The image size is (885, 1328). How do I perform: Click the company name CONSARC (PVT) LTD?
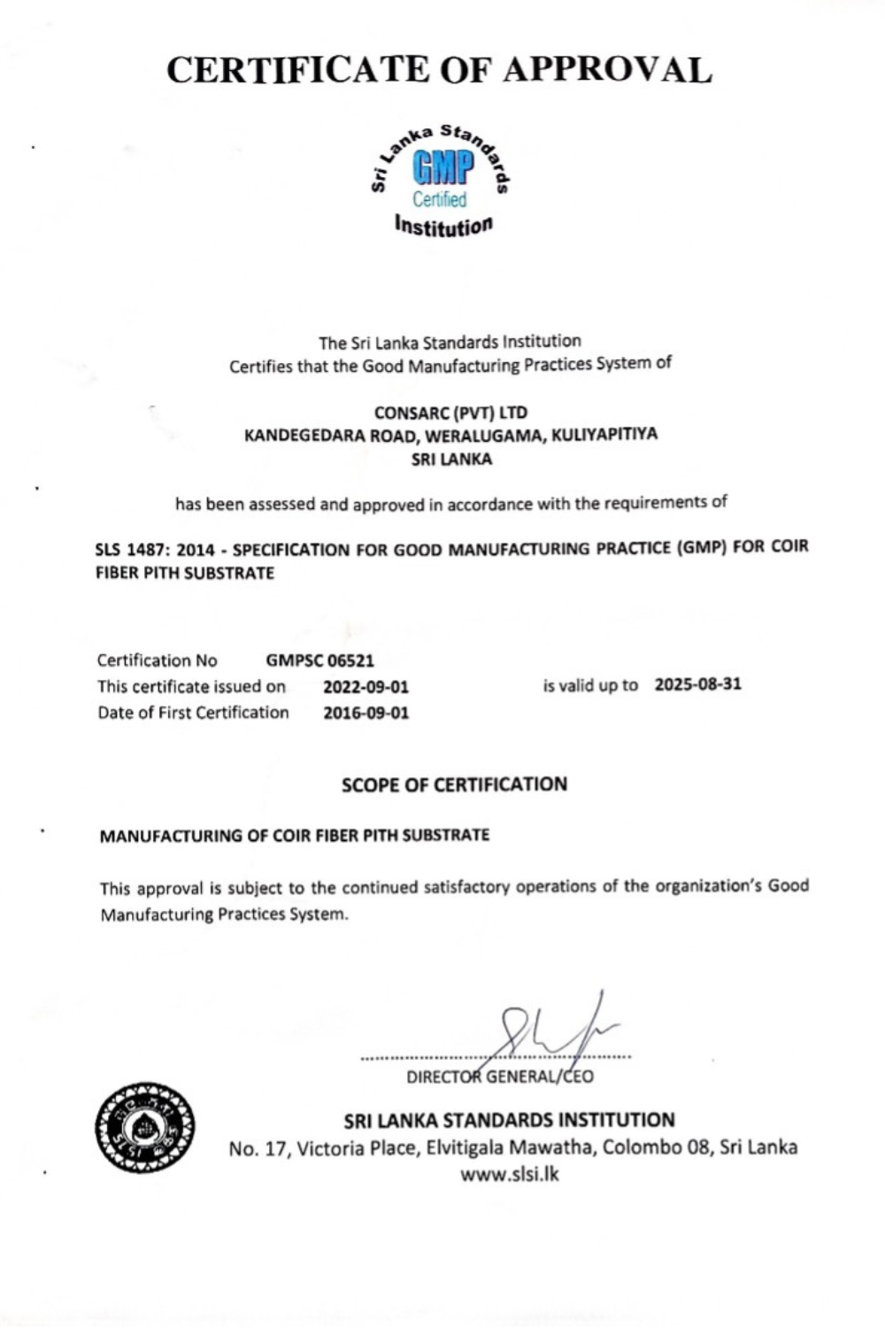450,413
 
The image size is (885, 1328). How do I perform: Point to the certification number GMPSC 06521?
319,660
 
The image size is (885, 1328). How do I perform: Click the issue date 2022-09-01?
366,687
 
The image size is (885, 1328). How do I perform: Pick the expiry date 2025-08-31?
697,684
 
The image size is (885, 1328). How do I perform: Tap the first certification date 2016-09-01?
366,713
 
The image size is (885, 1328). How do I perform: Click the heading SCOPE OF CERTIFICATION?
454,784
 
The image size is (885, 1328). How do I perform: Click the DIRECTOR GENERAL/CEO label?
500,1077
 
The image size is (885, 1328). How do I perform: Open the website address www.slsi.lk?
510,1175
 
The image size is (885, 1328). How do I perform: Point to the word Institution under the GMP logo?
443,226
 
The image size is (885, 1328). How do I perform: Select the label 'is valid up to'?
590,685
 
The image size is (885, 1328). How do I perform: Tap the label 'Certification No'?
157,660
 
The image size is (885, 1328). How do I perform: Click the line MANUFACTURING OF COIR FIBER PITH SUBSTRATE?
294,835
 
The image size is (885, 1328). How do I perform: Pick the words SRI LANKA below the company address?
451,459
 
